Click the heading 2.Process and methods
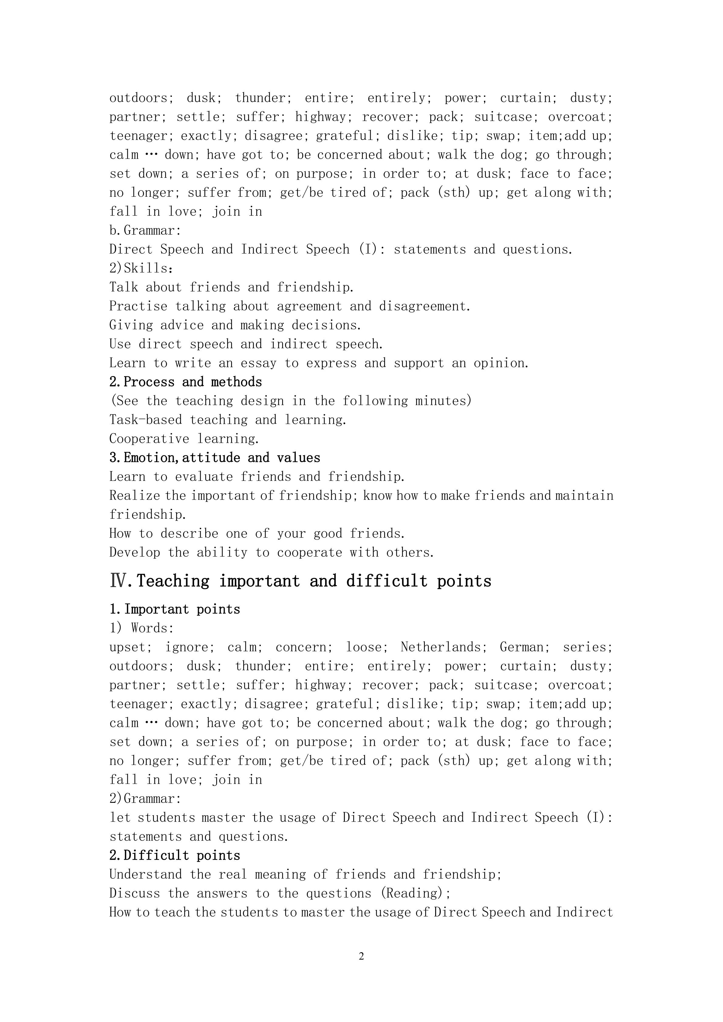(x=186, y=382)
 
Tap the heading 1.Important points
(x=175, y=609)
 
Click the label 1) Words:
(x=142, y=628)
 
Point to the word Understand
(x=145, y=874)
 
